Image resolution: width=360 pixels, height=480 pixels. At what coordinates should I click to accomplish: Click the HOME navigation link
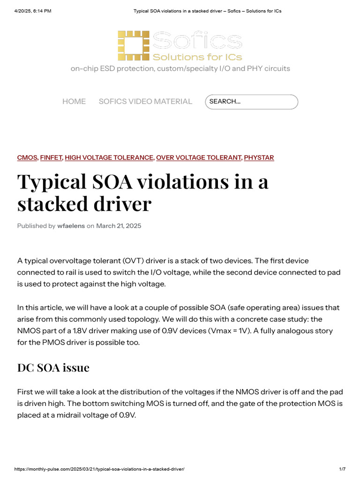[x=74, y=102]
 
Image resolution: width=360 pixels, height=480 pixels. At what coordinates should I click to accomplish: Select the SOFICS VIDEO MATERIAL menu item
[x=145, y=102]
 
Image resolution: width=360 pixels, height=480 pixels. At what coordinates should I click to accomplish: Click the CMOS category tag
[x=27, y=157]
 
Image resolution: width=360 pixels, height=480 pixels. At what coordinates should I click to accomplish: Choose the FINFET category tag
[x=51, y=157]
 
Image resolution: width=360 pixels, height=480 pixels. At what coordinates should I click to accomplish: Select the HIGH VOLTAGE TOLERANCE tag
[x=109, y=157]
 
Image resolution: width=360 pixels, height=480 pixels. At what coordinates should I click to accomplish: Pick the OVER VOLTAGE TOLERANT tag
[x=199, y=157]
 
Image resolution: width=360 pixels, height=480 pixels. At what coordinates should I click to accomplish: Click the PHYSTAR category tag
[x=259, y=157]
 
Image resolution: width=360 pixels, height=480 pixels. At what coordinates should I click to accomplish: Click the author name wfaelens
[x=71, y=226]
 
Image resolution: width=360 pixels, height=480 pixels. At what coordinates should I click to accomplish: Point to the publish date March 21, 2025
[x=119, y=226]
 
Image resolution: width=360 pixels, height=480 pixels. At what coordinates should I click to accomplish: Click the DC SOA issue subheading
[x=53, y=368]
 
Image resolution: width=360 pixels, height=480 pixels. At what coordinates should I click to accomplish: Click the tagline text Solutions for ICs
[x=197, y=57]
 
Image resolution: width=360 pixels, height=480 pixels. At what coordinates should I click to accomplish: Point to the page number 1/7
[x=342, y=469]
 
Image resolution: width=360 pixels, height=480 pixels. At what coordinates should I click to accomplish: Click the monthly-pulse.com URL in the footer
[x=99, y=469]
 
